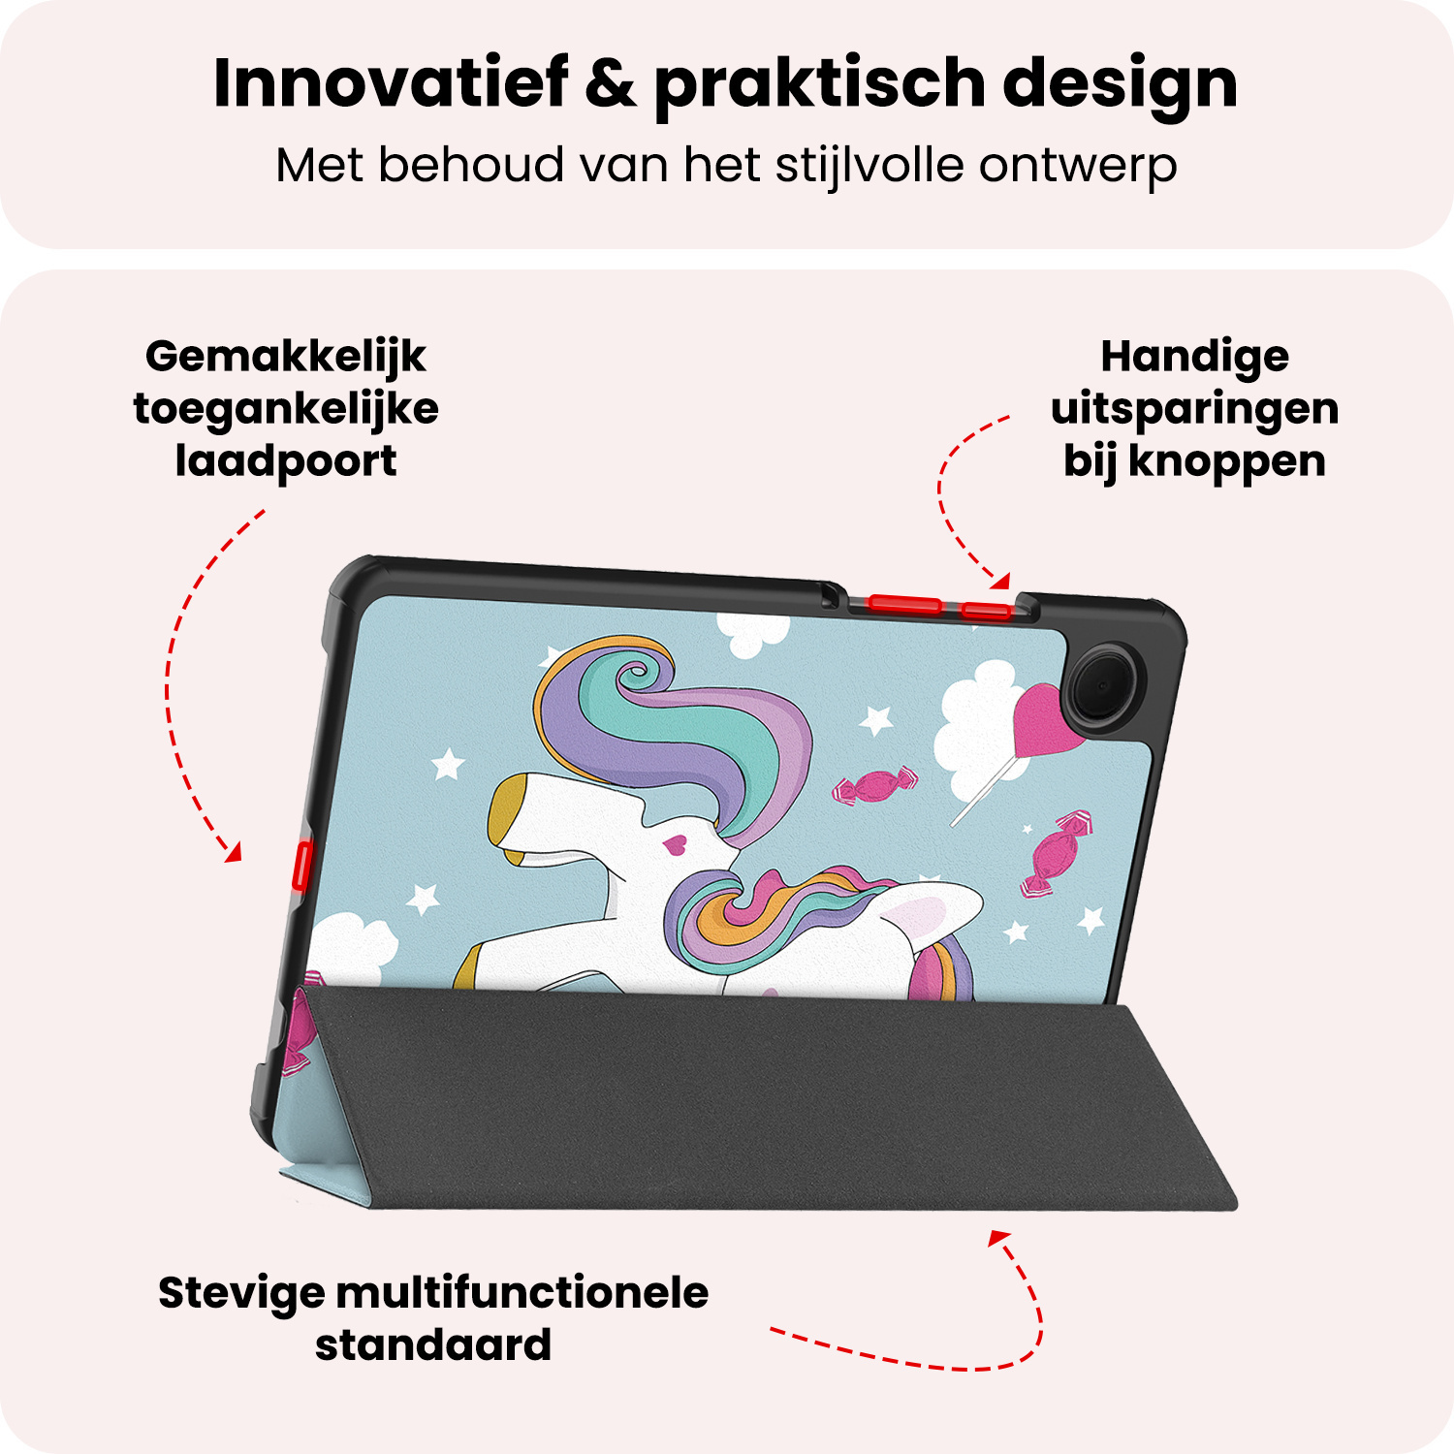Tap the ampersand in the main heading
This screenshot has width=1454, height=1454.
(x=611, y=83)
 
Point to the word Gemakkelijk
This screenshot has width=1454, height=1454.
(x=285, y=358)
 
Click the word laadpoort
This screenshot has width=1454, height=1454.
(x=285, y=461)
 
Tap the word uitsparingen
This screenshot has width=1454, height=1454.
(x=1194, y=410)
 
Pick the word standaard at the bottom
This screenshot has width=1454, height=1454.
(x=433, y=1345)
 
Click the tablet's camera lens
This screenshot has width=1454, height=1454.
(x=1103, y=685)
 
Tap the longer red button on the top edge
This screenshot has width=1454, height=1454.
(x=904, y=605)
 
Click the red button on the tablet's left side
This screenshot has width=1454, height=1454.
(x=300, y=866)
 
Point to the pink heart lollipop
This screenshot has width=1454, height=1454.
(x=1039, y=717)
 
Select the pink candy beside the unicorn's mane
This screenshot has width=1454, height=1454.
(x=875, y=785)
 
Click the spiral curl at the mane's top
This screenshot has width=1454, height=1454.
(x=636, y=673)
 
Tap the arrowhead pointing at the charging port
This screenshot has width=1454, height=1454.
(x=233, y=853)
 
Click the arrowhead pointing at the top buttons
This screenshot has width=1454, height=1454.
(x=1001, y=582)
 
